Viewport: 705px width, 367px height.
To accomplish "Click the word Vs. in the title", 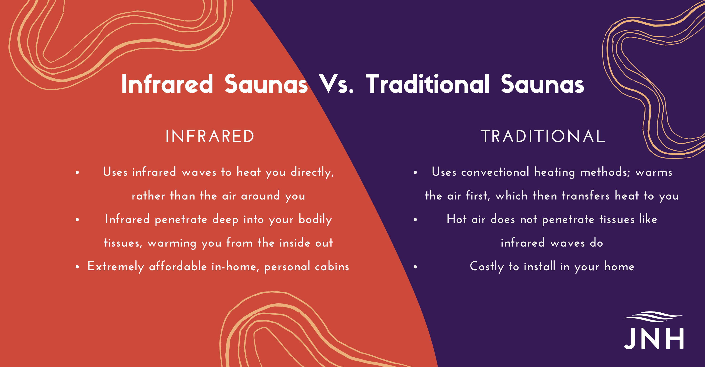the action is [x=336, y=84].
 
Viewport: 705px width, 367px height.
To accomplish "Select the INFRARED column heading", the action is [x=210, y=136].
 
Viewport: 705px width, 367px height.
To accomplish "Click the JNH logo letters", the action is [x=654, y=339].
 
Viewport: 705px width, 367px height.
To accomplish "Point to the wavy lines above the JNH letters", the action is [x=654, y=317].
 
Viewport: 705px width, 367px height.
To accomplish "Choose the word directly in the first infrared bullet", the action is [x=312, y=172].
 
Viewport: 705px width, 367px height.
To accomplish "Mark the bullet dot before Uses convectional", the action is [x=415, y=172].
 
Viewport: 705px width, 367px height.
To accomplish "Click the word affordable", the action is [x=178, y=267].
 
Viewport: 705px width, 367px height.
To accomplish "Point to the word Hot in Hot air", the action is [x=457, y=219].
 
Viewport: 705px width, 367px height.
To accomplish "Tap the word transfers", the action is [x=585, y=195].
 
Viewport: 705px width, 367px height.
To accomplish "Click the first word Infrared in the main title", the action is [x=167, y=84].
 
